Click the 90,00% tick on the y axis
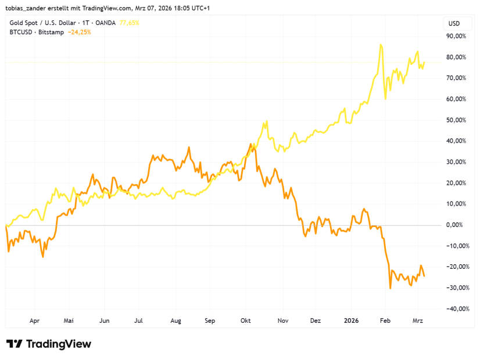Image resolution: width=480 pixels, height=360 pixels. pos(456,36)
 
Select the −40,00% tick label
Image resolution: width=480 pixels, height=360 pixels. pos(456,309)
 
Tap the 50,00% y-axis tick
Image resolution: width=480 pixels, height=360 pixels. pos(456,120)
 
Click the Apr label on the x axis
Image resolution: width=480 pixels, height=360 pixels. pos(34,321)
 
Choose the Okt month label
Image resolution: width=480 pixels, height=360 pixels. pos(246,321)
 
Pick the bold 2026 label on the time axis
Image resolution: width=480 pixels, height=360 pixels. pos(351,321)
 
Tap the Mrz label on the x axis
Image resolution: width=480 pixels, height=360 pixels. pos(418,321)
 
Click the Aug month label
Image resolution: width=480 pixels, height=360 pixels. pos(176,321)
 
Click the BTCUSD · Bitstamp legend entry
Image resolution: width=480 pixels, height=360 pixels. pos(37,32)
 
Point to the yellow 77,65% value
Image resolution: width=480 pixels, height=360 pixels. pos(130,23)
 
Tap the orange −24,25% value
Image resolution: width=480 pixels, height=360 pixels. pos(79,32)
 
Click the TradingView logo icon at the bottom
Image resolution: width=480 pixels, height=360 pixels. pos(15,344)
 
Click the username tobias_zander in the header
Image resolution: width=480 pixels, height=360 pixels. pos(27,8)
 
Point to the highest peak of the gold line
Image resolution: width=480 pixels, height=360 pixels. pos(380,44)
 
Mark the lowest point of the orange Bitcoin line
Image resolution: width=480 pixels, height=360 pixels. pos(390,288)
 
